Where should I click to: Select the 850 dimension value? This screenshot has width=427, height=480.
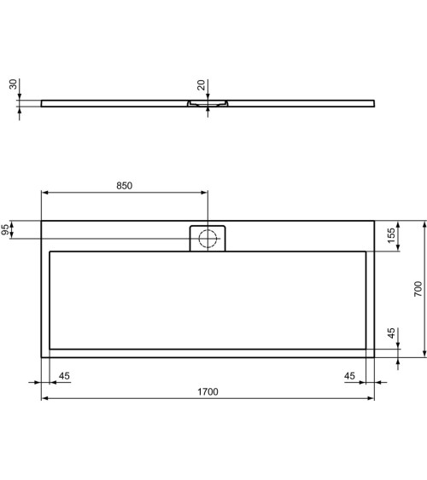[x=124, y=186]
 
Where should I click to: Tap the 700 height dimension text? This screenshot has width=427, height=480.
[x=418, y=290]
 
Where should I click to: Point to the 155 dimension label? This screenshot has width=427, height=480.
[x=392, y=236]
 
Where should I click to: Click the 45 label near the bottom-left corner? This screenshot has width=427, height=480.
[x=65, y=375]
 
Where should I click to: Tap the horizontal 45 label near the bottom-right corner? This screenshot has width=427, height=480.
[x=349, y=375]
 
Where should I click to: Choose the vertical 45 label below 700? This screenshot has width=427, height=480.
[x=392, y=334]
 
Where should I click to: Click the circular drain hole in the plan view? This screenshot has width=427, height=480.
[x=207, y=238]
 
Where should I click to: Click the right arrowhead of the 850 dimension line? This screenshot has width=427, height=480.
[x=203, y=193]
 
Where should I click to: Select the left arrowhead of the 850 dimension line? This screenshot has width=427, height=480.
[x=45, y=193]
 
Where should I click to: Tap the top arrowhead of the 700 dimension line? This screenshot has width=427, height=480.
[x=424, y=224]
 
